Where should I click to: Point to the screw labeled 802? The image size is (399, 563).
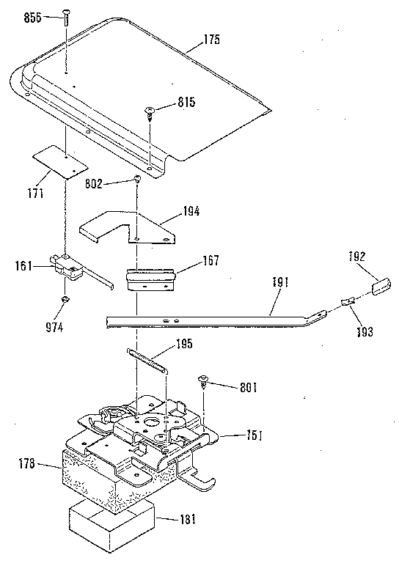136,181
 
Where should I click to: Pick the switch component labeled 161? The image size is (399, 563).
70,268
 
